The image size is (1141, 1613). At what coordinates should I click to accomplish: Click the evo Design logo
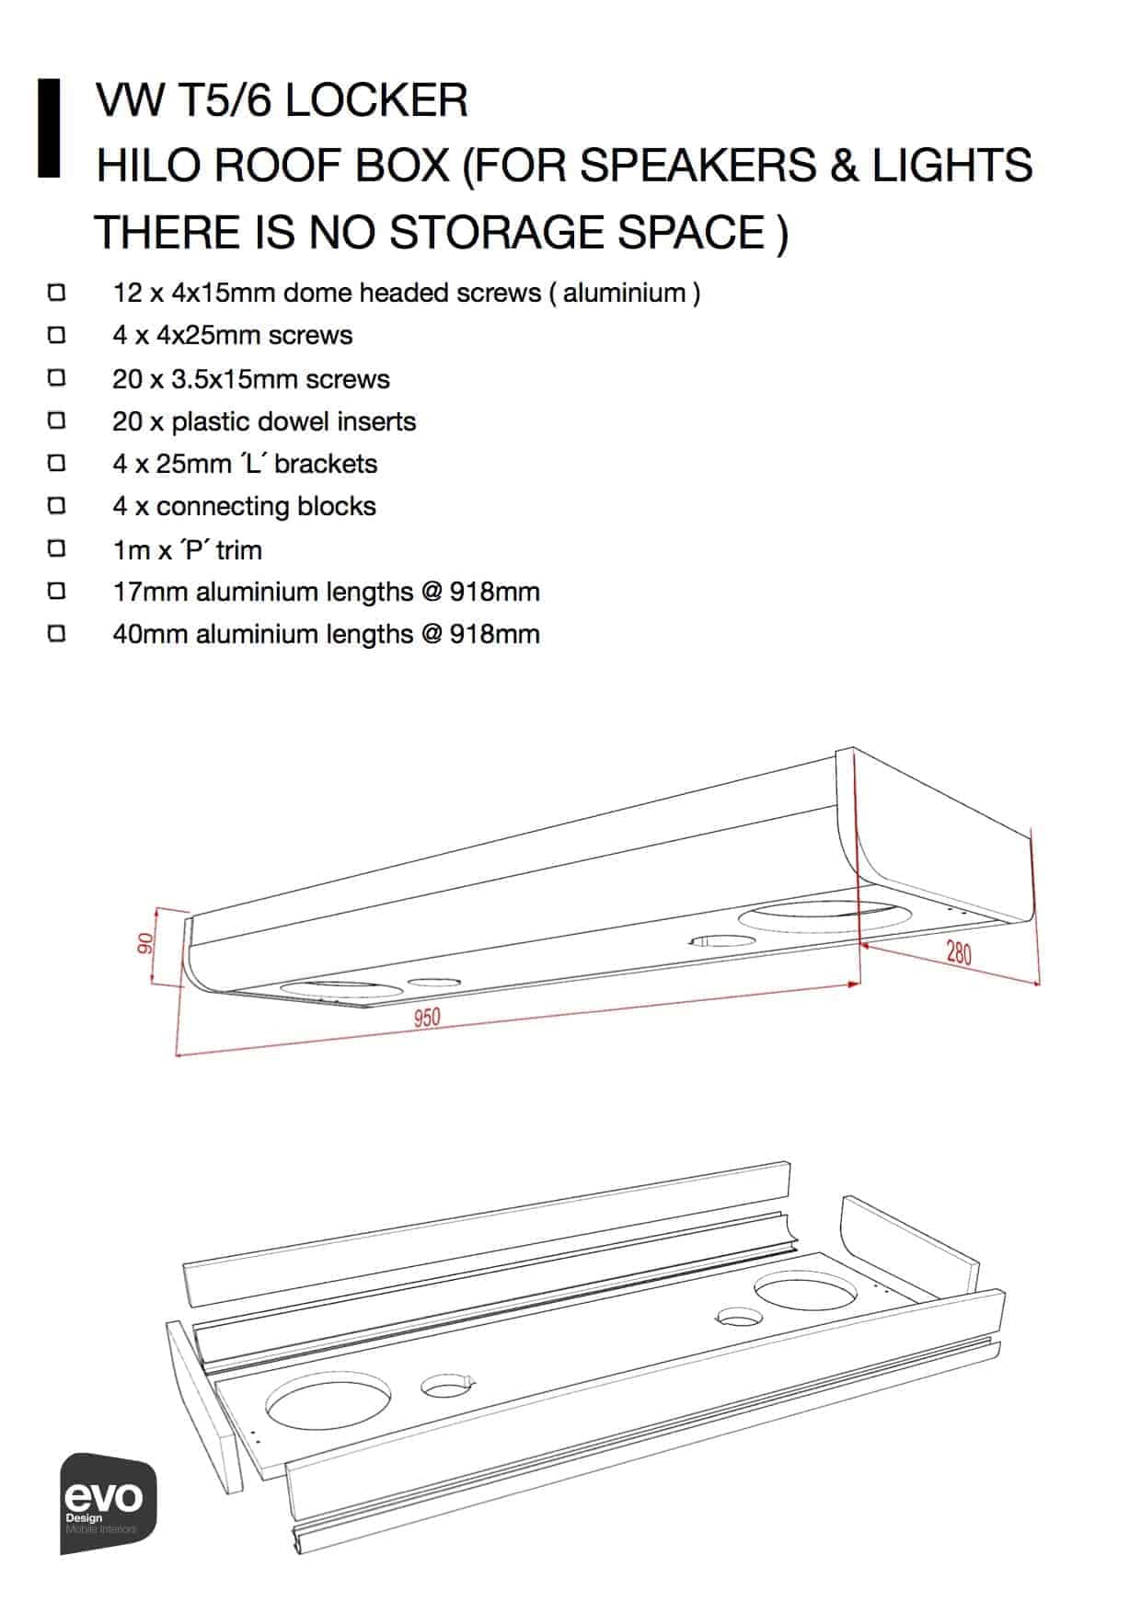(x=108, y=1503)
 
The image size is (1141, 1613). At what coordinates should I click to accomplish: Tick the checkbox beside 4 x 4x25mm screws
(x=57, y=335)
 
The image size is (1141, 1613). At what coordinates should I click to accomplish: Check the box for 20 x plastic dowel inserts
(x=57, y=421)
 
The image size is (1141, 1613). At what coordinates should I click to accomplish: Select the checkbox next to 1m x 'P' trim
(x=57, y=549)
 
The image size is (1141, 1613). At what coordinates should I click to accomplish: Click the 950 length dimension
(x=427, y=1018)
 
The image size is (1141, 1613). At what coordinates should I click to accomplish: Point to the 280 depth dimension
(x=958, y=952)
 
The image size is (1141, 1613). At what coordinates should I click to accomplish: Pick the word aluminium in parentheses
(x=625, y=293)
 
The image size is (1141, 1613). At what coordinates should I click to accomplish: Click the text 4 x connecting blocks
(x=244, y=506)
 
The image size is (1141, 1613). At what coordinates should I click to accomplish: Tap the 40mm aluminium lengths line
(x=326, y=634)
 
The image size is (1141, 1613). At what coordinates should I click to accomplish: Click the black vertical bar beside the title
(x=49, y=128)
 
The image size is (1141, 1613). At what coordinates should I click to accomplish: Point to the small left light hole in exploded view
(x=446, y=1385)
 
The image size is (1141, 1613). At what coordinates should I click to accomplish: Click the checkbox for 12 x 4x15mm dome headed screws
(x=57, y=293)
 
